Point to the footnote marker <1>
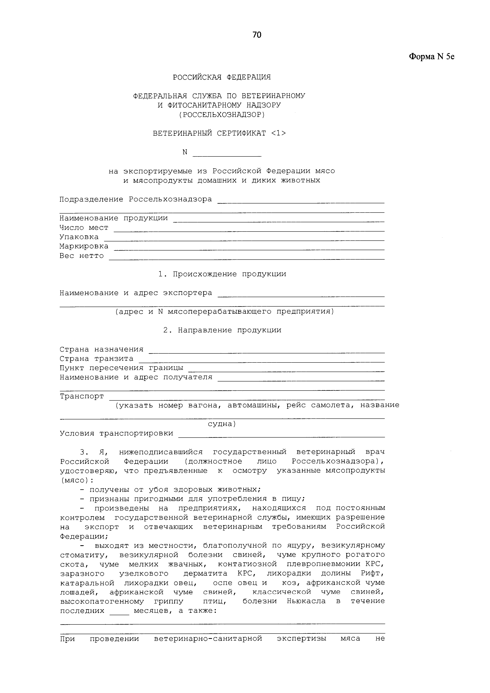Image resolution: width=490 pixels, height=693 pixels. tap(278, 133)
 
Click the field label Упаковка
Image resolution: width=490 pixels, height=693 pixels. tap(79, 237)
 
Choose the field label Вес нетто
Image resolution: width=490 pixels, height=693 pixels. tap(81, 256)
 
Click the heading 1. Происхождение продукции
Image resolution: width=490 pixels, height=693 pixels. tap(222, 274)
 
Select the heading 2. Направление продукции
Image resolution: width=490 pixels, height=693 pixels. tap(222, 330)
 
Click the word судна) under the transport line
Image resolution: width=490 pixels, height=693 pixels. tap(222, 424)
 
